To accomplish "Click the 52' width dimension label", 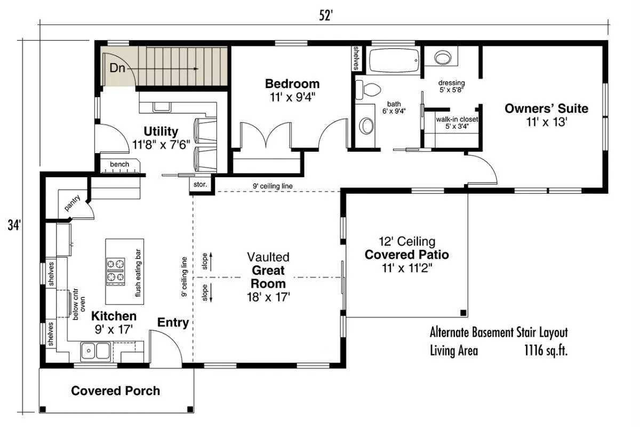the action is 326,15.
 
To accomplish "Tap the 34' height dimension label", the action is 14,225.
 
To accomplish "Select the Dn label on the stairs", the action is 117,68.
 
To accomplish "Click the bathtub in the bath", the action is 395,60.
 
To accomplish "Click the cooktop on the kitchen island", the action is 116,272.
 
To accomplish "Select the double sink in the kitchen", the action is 95,351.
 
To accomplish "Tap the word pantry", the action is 73,203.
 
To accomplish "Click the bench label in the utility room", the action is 119,164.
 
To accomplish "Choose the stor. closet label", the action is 200,185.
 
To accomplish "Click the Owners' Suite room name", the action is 546,109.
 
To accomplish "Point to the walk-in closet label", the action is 457,119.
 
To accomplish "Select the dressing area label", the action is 451,83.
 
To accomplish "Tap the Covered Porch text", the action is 115,391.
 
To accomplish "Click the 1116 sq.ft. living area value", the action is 546,350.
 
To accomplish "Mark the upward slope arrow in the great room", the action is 211,262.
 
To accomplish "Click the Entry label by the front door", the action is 173,322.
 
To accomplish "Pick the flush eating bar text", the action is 138,273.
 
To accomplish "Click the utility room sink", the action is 162,107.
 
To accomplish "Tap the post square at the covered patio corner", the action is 463,313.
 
